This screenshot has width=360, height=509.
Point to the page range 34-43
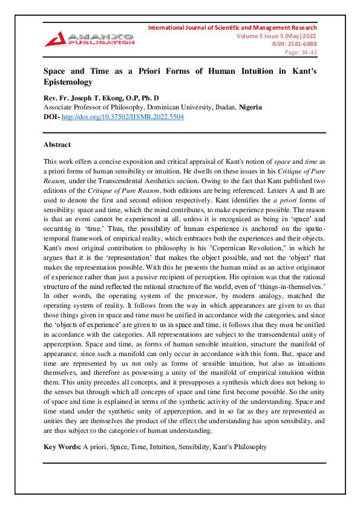pos(301,52)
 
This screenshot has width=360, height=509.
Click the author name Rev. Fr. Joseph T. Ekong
pos(88,98)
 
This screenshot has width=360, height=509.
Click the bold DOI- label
pos(51,116)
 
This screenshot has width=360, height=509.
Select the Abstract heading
pos(57,145)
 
